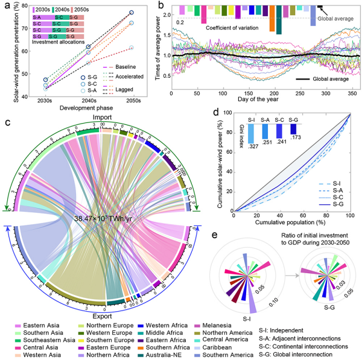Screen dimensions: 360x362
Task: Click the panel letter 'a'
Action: point(5,5)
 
